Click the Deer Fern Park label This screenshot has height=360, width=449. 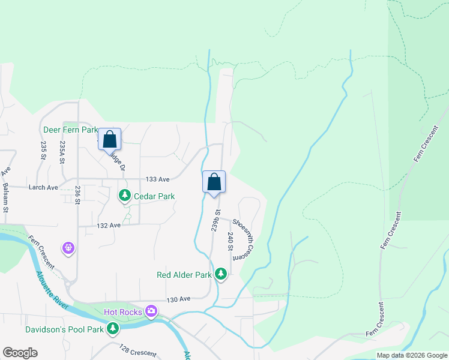[x=70, y=130]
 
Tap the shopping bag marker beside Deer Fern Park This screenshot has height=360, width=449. [x=110, y=139]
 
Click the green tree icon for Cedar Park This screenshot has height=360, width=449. [x=124, y=195]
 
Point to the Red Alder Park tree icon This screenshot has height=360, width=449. [x=221, y=274]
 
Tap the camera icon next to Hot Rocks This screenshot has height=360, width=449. [x=151, y=311]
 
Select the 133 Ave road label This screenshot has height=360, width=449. [x=158, y=179]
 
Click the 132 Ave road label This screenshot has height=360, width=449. [x=109, y=225]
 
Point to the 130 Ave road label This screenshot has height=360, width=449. [x=178, y=299]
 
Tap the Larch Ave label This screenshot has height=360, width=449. [x=43, y=187]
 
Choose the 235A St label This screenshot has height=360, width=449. [x=62, y=150]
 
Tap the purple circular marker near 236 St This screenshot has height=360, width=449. [x=70, y=247]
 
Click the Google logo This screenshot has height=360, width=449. [x=20, y=353]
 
